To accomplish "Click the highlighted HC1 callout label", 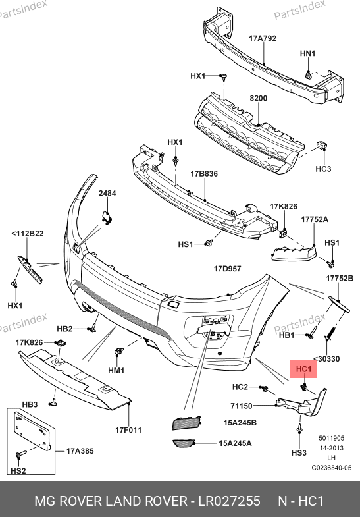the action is (x=303, y=369).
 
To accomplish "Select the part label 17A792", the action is (x=263, y=38).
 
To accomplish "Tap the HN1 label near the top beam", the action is (x=307, y=53).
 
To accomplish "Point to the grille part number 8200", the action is (x=258, y=98).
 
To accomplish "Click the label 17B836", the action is (x=204, y=173).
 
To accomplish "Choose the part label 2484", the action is (x=107, y=193).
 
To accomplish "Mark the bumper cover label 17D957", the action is (x=227, y=269).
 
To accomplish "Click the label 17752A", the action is (x=315, y=219).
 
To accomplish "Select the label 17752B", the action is (x=340, y=279).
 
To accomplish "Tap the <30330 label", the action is (x=326, y=359).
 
